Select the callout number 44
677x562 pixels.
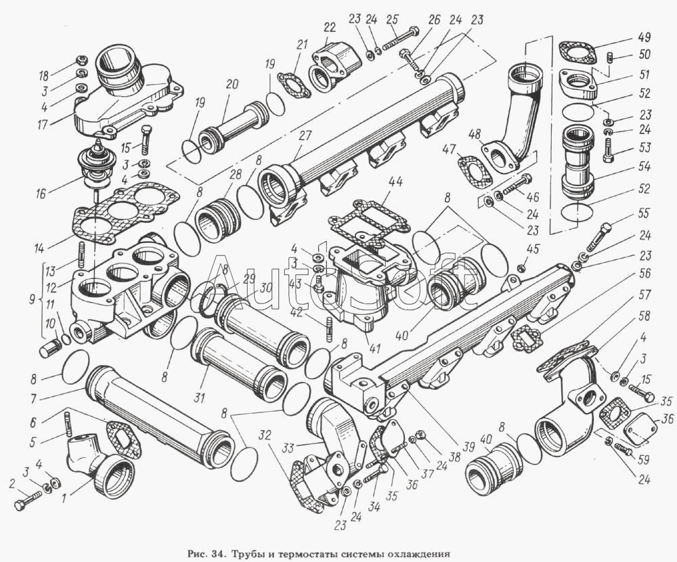pos(395,183)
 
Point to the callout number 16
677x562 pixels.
pos(41,193)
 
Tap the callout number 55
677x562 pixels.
pos(645,213)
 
